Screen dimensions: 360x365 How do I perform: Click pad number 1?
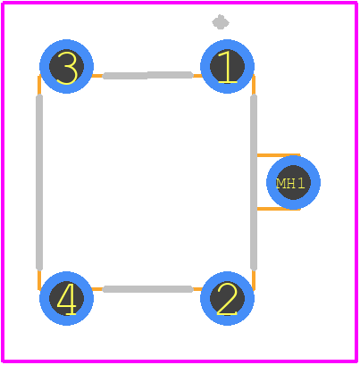(x=227, y=66)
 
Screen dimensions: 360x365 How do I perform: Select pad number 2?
(x=227, y=298)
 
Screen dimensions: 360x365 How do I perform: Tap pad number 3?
(x=66, y=66)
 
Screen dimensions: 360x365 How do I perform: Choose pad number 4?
(x=66, y=298)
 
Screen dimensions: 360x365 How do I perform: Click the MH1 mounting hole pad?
(x=293, y=182)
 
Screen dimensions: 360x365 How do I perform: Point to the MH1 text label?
(x=290, y=184)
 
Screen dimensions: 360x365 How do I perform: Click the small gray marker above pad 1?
(x=221, y=22)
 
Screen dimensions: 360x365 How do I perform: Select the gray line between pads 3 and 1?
(x=147, y=75)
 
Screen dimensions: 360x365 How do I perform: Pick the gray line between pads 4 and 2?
(x=147, y=289)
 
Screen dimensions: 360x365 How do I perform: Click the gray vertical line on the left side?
(x=39, y=182)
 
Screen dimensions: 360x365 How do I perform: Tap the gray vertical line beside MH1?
(x=254, y=182)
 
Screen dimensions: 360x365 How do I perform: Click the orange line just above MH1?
(x=279, y=155)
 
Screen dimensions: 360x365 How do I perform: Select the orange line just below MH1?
(x=279, y=209)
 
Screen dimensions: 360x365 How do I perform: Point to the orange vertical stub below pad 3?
(x=39, y=86)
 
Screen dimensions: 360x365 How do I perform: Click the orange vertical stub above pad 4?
(x=39, y=279)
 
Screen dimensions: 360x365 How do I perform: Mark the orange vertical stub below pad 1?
(x=254, y=85)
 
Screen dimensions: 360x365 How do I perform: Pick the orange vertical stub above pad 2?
(x=254, y=279)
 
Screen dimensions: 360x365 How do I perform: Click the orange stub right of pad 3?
(x=97, y=76)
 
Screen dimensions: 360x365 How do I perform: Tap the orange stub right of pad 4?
(x=97, y=289)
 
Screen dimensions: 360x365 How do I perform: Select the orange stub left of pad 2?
(x=197, y=289)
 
